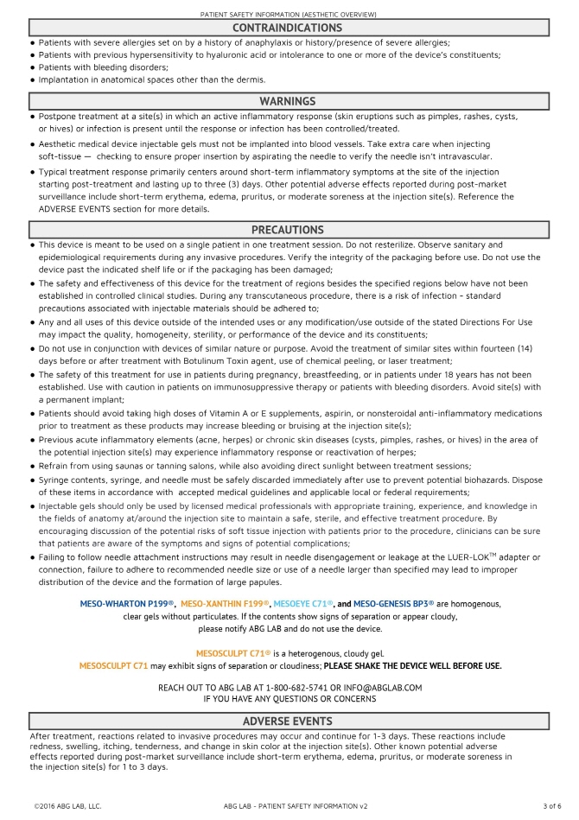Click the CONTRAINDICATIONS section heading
(x=288, y=29)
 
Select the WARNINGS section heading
(x=288, y=101)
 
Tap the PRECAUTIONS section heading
(x=288, y=230)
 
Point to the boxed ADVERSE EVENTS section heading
(x=288, y=721)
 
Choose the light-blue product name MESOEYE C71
(x=302, y=603)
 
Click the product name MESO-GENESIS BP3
(x=392, y=603)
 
